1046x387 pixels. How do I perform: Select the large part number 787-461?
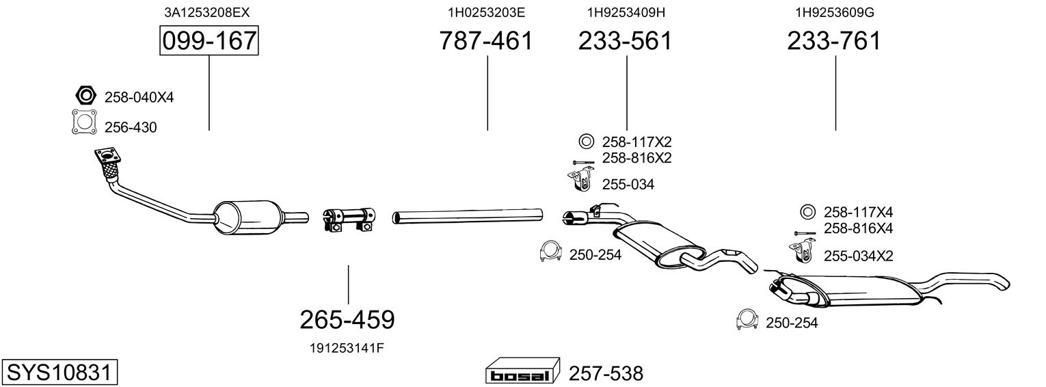pos(486,41)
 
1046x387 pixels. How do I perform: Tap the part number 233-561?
pos(626,41)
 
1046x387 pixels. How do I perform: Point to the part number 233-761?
pos(834,41)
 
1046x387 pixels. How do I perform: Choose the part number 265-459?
pos(347,319)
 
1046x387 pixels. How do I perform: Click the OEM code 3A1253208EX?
pos(202,12)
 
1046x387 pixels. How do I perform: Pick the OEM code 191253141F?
pos(347,347)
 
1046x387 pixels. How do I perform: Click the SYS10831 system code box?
pos(58,373)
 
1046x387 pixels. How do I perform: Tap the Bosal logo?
pos(522,373)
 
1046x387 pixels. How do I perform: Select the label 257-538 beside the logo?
pos(606,374)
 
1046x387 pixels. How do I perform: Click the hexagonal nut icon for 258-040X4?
pos(84,96)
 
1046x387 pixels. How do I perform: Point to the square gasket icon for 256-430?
pos(84,122)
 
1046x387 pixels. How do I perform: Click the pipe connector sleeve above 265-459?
pos(349,218)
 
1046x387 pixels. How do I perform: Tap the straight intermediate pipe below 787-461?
pos(468,217)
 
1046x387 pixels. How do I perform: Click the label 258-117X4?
pos(859,212)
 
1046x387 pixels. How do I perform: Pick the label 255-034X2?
pos(858,256)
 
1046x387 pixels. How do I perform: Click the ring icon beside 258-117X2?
pos(586,142)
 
